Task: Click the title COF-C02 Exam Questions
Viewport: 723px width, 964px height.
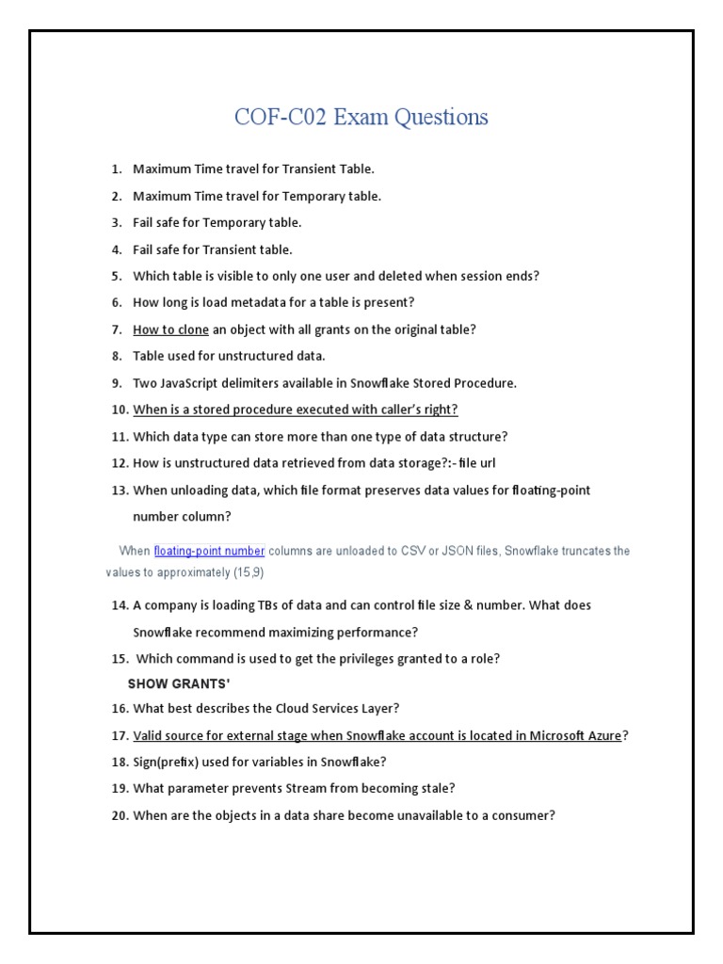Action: point(361,118)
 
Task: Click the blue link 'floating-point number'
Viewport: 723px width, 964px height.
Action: point(209,551)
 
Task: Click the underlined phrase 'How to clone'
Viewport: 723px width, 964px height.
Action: point(170,329)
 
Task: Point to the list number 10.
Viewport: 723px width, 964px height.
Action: point(120,410)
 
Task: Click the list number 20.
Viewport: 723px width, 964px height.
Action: point(120,815)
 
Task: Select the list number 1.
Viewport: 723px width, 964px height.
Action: point(117,169)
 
